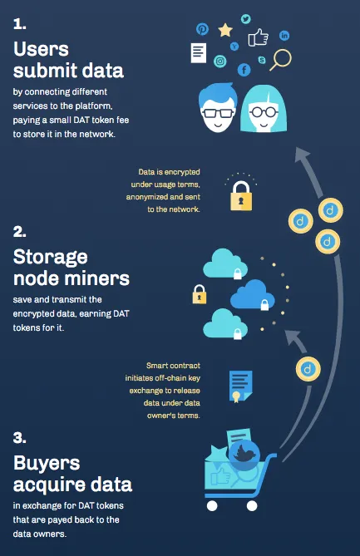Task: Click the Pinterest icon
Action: click(202, 29)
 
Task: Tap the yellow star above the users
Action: click(225, 31)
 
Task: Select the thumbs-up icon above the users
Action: click(258, 37)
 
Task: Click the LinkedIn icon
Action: click(284, 36)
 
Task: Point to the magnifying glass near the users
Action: click(281, 60)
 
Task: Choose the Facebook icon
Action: click(244, 70)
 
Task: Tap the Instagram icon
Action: click(219, 61)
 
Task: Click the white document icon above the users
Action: click(199, 53)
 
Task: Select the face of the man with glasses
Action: click(218, 108)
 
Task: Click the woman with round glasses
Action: click(264, 109)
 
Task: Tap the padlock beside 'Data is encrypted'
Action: click(241, 196)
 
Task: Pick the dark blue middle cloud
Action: click(253, 294)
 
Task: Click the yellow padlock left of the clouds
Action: click(200, 294)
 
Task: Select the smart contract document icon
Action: click(240, 386)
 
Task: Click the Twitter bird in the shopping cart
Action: click(244, 455)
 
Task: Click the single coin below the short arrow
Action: click(308, 369)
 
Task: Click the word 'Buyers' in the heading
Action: click(47, 463)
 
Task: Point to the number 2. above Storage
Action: click(19, 232)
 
